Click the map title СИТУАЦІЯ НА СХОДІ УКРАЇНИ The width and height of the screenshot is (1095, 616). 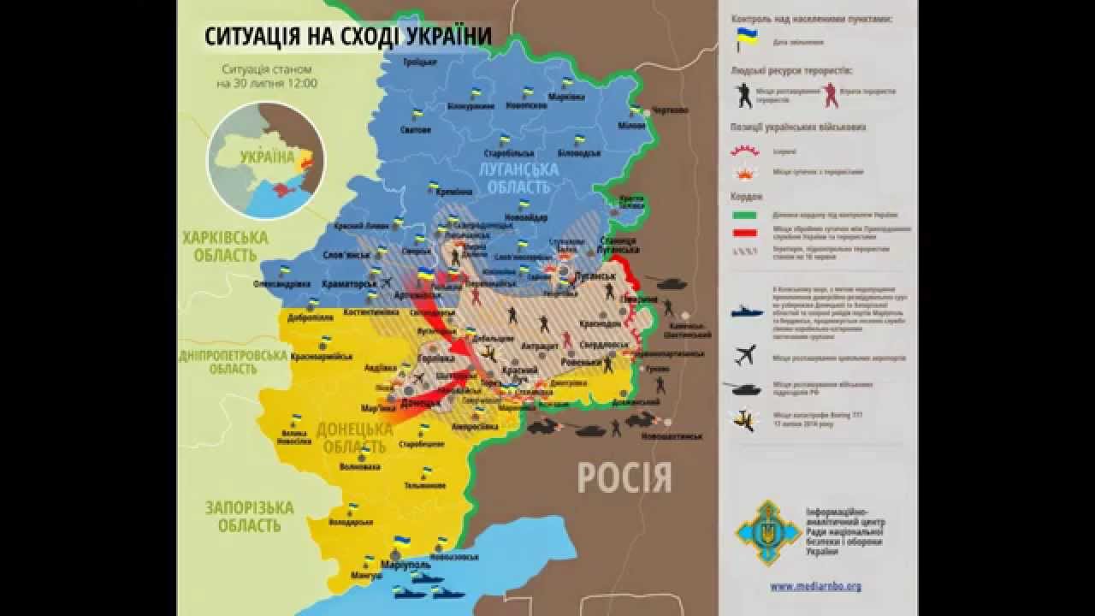click(348, 36)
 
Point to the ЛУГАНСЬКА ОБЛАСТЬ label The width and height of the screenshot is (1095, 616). click(518, 178)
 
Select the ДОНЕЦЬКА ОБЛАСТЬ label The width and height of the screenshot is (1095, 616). click(354, 437)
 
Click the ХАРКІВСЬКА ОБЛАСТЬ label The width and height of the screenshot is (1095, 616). click(224, 246)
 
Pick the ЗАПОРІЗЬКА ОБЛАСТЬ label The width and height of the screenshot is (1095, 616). click(249, 516)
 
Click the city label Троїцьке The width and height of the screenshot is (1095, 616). click(419, 62)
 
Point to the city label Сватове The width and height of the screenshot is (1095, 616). click(416, 130)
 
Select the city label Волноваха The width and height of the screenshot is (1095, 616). click(360, 467)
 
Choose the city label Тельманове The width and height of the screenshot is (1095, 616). click(425, 485)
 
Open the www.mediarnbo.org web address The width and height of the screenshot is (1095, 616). click(815, 586)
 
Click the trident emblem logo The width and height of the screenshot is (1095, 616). click(768, 533)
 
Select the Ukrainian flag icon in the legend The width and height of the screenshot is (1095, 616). click(747, 38)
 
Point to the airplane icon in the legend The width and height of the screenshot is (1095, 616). click(746, 353)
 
